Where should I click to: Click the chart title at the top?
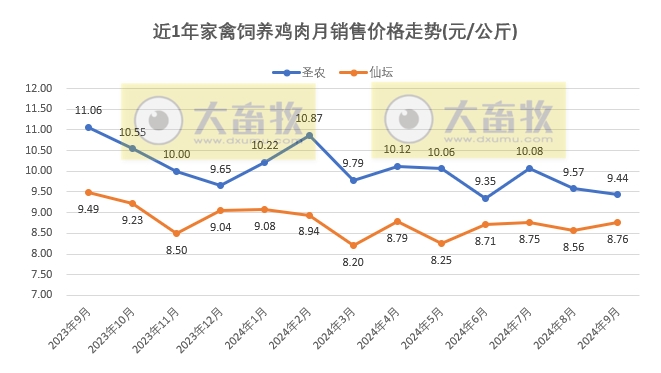(x=329, y=31)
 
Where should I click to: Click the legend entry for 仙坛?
(x=368, y=72)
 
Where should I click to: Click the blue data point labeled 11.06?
(x=88, y=127)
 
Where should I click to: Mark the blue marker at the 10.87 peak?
(x=309, y=135)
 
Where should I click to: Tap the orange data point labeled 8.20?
(x=353, y=245)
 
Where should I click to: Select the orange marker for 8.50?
(x=176, y=233)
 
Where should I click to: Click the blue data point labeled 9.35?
(x=485, y=198)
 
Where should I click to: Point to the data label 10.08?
(x=529, y=152)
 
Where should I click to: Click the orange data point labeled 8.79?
(x=397, y=221)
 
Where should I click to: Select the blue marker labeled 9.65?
(x=220, y=185)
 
